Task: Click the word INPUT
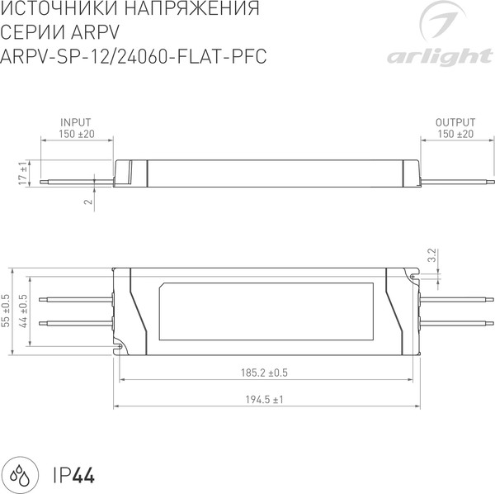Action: click(x=77, y=122)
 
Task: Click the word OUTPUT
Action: click(x=455, y=122)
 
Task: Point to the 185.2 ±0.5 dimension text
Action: click(x=265, y=373)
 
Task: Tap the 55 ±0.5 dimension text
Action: click(x=7, y=311)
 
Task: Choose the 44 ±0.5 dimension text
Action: click(x=24, y=311)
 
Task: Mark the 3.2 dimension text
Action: click(x=431, y=255)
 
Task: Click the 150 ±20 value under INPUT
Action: click(x=77, y=134)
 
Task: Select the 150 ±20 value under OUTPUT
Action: click(x=455, y=134)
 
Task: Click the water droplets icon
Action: click(x=22, y=474)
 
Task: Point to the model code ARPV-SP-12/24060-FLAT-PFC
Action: click(x=136, y=55)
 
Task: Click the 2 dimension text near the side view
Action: click(x=87, y=202)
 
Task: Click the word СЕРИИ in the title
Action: click(x=31, y=34)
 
